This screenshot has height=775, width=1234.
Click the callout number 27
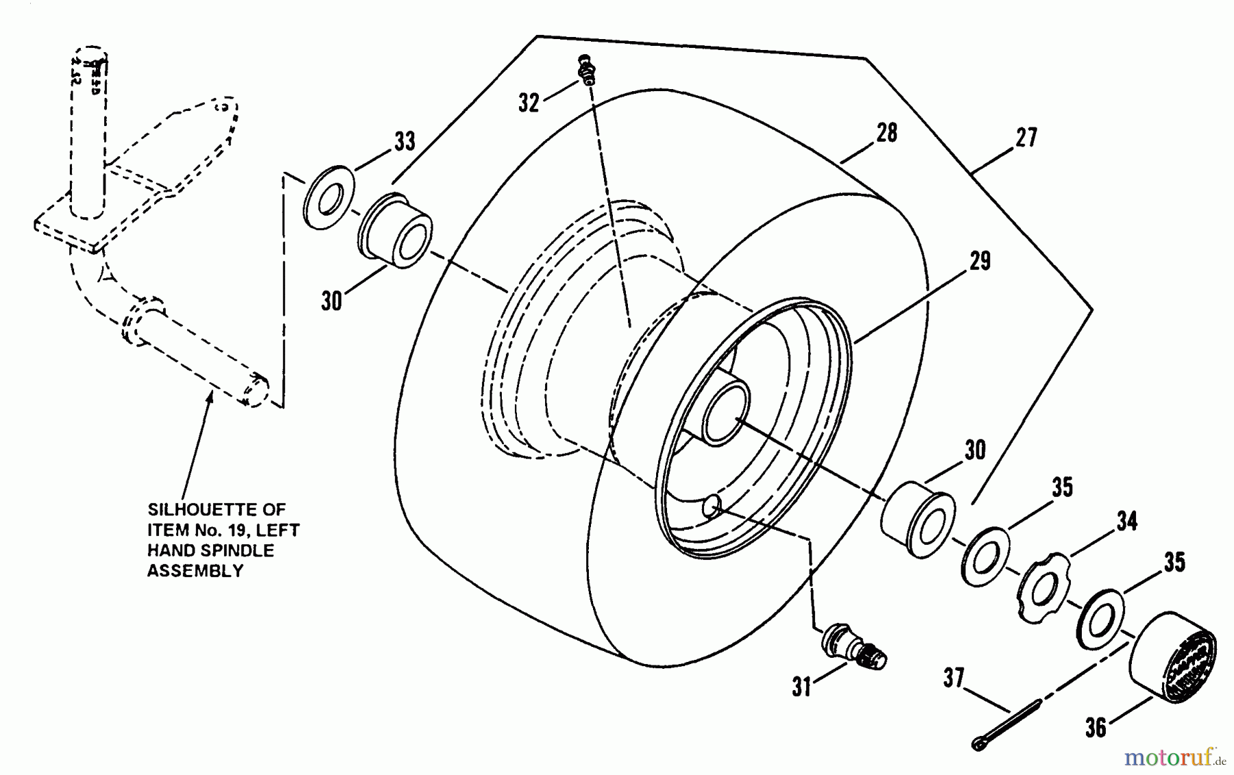[1026, 138]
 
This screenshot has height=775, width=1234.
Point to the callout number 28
[886, 133]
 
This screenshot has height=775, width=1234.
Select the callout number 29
[980, 261]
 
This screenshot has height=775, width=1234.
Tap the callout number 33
[404, 141]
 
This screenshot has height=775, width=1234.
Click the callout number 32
[529, 103]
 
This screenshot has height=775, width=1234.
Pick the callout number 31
[801, 686]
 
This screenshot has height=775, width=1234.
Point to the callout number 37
[954, 679]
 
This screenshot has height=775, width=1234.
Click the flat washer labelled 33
[328, 197]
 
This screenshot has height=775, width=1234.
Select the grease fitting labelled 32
[586, 69]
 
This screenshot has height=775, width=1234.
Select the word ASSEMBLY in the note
[195, 571]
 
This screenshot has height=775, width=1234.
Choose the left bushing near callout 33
[395, 230]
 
